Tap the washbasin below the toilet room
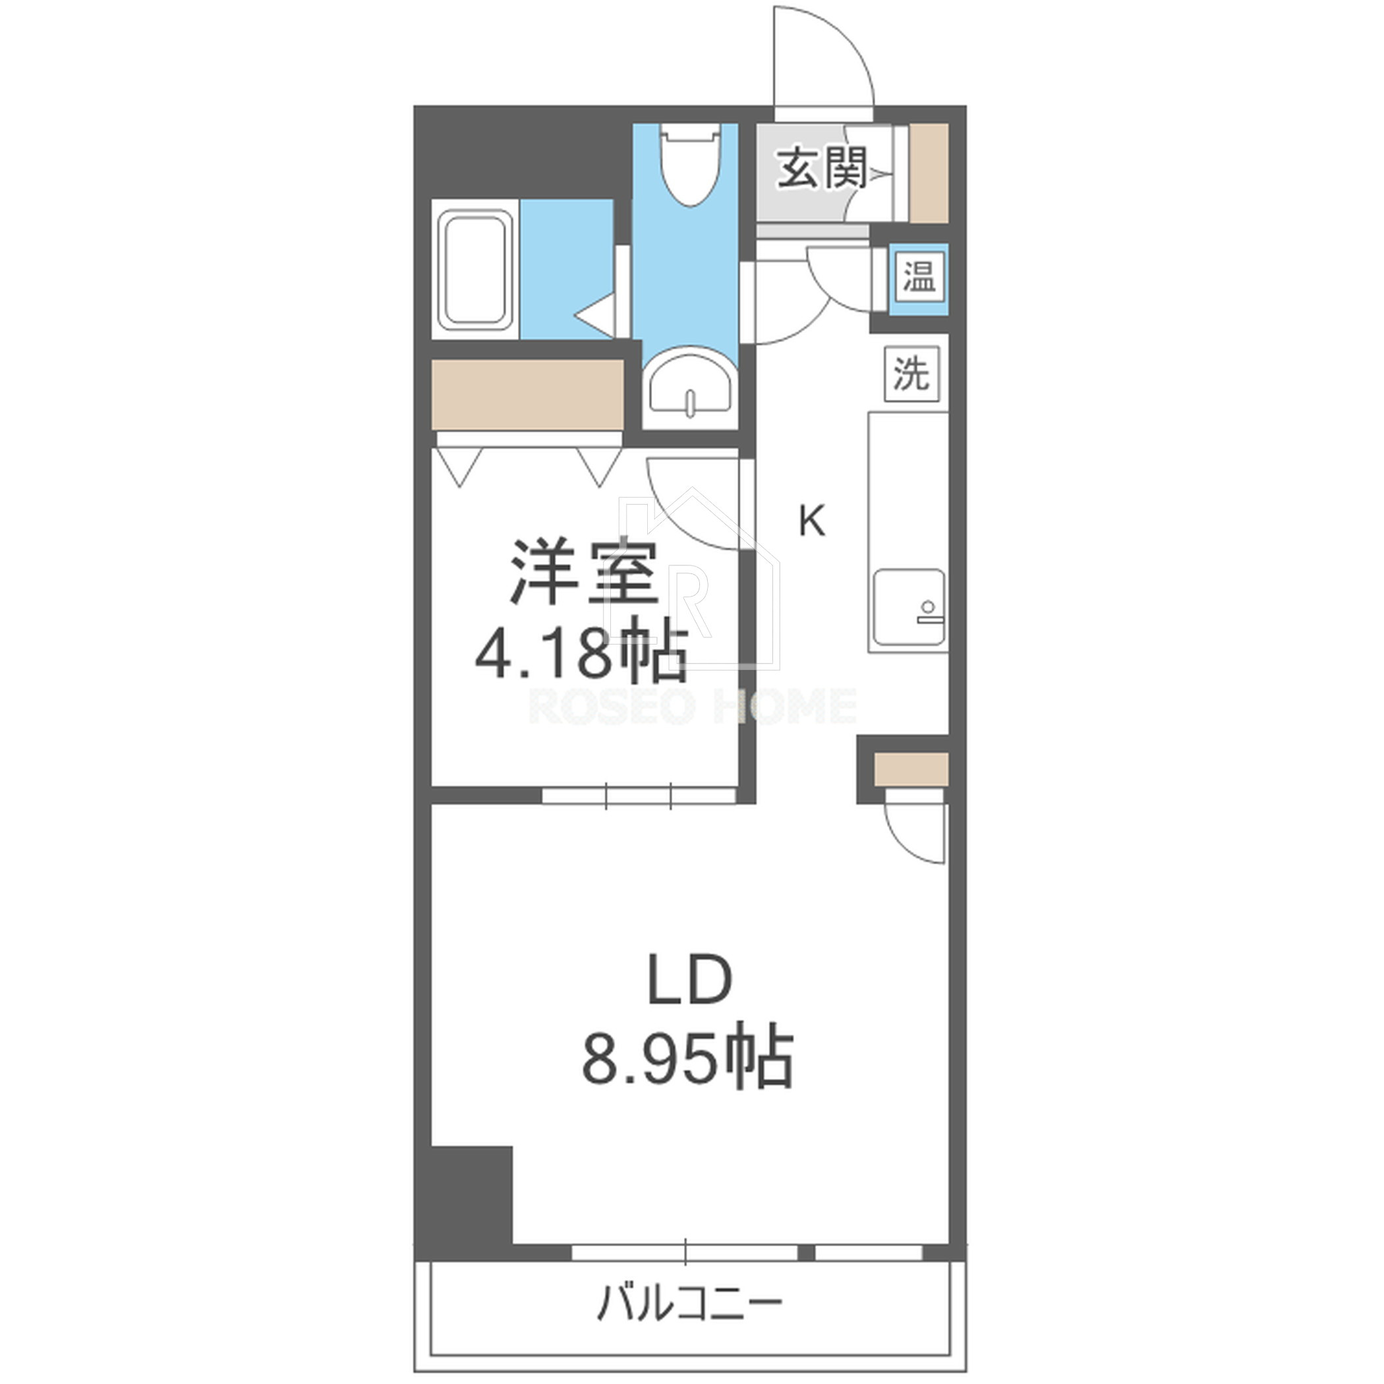click(690, 387)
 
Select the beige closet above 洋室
click(528, 395)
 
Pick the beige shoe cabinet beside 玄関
click(929, 173)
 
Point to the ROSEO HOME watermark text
click(692, 706)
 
